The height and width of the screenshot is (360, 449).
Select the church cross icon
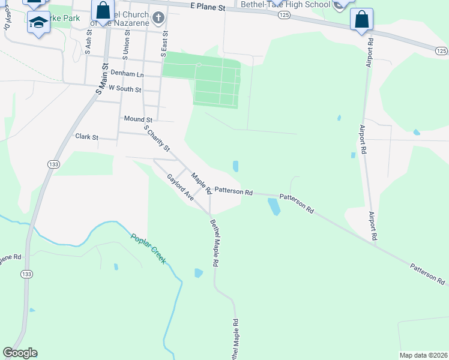[158, 17]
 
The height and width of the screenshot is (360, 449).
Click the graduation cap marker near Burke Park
[39, 23]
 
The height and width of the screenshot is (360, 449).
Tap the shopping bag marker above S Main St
[103, 10]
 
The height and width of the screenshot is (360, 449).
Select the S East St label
[163, 44]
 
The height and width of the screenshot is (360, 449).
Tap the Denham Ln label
[127, 74]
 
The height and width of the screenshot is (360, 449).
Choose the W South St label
[124, 89]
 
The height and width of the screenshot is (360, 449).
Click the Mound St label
[138, 120]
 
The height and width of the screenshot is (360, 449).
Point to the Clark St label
[86, 137]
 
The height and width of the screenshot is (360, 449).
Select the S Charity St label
[157, 138]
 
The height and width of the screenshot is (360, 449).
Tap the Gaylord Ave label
[180, 187]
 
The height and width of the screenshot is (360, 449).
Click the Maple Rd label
[201, 184]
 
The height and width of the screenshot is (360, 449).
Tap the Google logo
[20, 353]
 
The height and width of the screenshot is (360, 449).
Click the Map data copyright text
[423, 355]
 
